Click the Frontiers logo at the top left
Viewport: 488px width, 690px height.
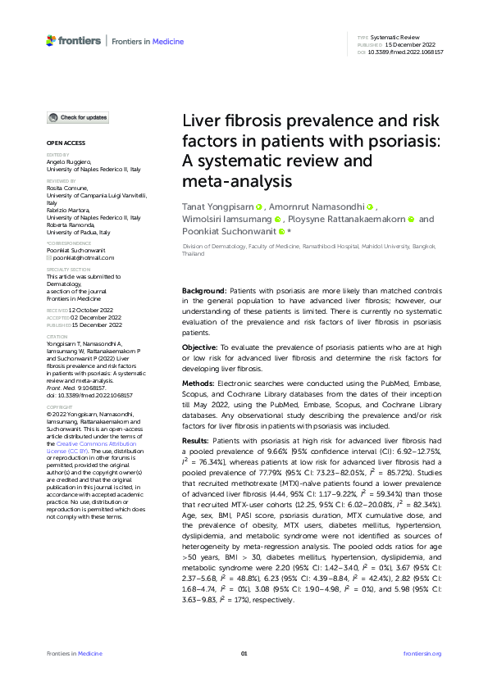coord(74,40)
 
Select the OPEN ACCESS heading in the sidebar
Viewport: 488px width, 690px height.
coord(61,144)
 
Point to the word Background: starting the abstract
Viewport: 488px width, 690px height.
coord(203,292)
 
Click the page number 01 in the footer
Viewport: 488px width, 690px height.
coord(244,653)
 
